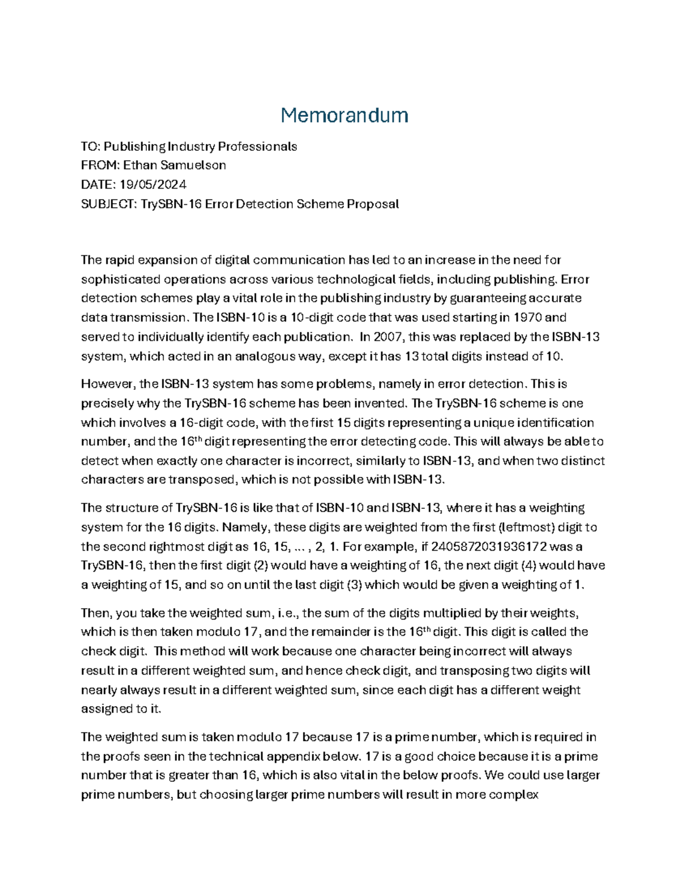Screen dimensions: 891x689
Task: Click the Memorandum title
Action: click(x=344, y=115)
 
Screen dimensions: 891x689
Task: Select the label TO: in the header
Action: click(x=90, y=146)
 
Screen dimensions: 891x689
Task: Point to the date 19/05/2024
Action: click(x=153, y=185)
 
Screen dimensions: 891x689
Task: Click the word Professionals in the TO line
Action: click(x=260, y=146)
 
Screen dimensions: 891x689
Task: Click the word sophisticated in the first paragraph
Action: click(x=121, y=279)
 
